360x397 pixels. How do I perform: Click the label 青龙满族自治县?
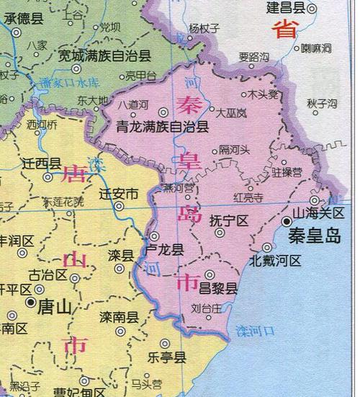[x=163, y=128]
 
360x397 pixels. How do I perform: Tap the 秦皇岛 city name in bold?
[x=315, y=236]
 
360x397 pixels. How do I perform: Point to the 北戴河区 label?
[x=276, y=261]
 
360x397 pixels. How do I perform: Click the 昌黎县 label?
[x=219, y=289]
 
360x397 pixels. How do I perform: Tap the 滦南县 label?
[x=119, y=318]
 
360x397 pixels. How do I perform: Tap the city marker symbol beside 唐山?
[x=30, y=303]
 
